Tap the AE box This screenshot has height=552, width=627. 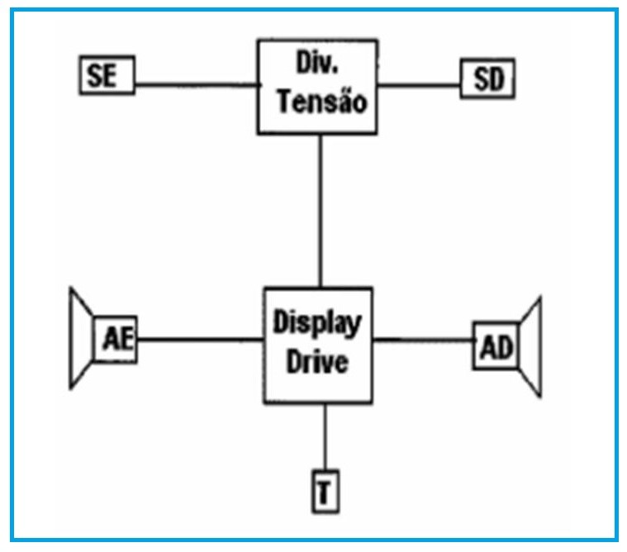point(115,339)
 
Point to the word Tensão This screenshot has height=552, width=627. point(321,102)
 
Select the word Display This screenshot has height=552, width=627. point(317,322)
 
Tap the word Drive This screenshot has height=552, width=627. point(317,362)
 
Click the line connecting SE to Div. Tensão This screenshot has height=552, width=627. point(195,83)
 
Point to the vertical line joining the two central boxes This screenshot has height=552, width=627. point(320,211)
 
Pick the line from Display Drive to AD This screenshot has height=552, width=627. point(423,339)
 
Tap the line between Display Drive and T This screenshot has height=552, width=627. point(324,438)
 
